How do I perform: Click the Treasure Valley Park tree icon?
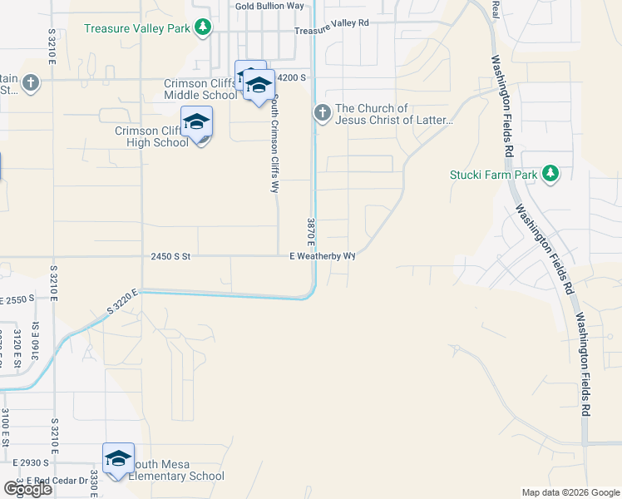pyautogui.click(x=202, y=28)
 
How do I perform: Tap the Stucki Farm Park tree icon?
pyautogui.click(x=550, y=174)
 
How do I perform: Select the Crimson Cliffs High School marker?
pyautogui.click(x=197, y=123)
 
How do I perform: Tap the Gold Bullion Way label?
pyautogui.click(x=269, y=6)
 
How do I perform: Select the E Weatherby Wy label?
pyautogui.click(x=323, y=256)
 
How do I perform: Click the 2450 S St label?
pyautogui.click(x=171, y=257)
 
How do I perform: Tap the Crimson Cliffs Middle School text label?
pyautogui.click(x=200, y=89)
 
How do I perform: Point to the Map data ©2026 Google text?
pyautogui.click(x=570, y=492)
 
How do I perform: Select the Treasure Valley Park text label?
pyautogui.click(x=137, y=28)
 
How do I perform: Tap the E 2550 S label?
pyautogui.click(x=18, y=299)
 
